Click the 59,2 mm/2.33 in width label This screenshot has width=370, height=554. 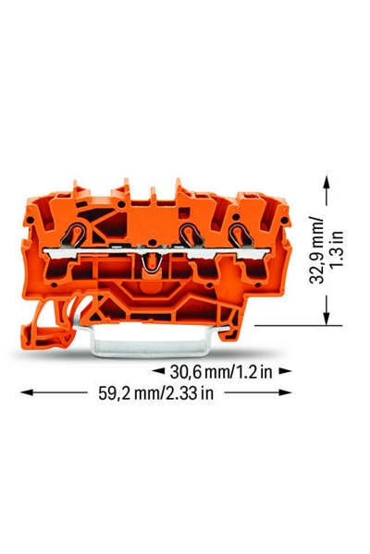point(156,392)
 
